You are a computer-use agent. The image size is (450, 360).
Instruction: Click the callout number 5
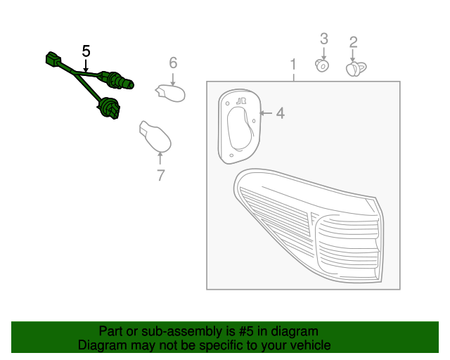tap(86, 51)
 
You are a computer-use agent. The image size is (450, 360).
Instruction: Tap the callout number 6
tap(173, 63)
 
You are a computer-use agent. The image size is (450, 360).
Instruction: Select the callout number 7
tap(161, 175)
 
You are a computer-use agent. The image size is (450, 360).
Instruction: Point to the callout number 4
tap(281, 113)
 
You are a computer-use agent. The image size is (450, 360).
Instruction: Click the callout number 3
tap(324, 39)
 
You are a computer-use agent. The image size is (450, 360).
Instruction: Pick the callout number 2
tap(353, 42)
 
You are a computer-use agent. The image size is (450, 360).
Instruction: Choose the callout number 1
tap(293, 64)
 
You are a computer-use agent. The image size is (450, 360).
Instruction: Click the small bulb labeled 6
tap(170, 93)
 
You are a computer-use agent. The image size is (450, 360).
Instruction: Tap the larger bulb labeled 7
tap(155, 136)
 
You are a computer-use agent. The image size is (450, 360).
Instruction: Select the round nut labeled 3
tap(322, 66)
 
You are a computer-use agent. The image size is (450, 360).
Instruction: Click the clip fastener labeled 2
tap(356, 69)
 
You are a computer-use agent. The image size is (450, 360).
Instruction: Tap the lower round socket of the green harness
tap(109, 108)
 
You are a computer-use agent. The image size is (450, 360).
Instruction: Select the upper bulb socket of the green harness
tap(117, 80)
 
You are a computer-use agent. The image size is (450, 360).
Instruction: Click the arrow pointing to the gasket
tap(266, 113)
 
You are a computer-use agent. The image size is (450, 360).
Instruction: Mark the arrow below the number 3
tap(324, 53)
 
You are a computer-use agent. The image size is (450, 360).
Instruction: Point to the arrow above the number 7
tap(160, 158)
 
